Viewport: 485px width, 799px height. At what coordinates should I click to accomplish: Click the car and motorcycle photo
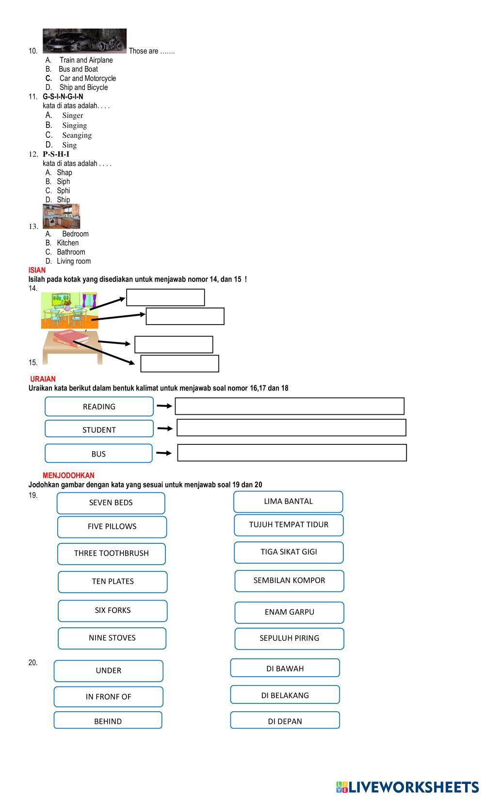[84, 41]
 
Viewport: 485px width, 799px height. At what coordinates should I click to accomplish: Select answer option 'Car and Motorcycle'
[87, 78]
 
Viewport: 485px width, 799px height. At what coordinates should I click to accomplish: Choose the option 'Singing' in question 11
[74, 125]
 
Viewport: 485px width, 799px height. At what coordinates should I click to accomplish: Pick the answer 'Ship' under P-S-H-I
[63, 199]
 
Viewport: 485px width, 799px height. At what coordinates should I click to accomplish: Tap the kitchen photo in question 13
[61, 216]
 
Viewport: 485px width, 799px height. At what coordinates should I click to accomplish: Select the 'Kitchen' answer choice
[67, 243]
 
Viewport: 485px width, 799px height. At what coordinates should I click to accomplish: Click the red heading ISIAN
[37, 270]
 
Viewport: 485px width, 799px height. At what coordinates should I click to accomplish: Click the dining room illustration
[69, 310]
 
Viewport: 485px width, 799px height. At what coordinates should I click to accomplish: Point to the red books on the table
[71, 338]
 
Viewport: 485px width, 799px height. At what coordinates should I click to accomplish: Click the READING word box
[99, 407]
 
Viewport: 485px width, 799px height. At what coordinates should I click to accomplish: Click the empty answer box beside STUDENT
[291, 428]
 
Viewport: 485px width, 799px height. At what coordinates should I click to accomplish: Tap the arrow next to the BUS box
[164, 453]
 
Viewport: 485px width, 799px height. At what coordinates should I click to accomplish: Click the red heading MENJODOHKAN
[68, 475]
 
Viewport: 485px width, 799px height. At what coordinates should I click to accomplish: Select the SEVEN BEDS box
[111, 503]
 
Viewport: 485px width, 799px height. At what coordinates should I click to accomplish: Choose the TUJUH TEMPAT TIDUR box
[289, 525]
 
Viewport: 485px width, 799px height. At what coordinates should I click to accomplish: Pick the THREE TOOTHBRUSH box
[112, 554]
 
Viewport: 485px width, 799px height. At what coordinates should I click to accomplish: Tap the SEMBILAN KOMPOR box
[289, 581]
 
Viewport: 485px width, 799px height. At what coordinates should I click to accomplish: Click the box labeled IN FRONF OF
[108, 697]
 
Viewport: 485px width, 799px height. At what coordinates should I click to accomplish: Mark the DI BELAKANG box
[285, 695]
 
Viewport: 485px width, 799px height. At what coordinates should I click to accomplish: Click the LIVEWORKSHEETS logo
[407, 787]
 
